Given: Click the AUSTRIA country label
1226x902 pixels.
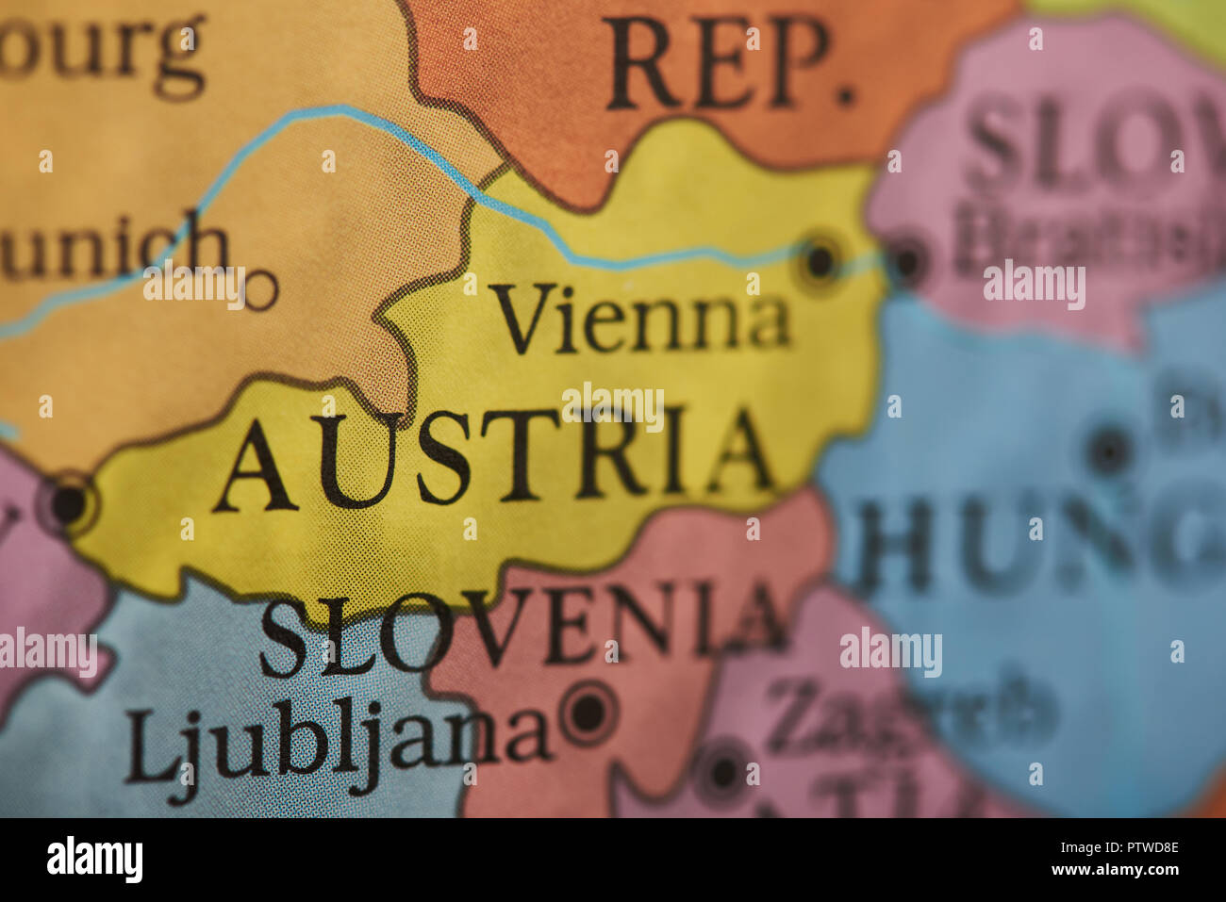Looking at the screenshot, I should tap(495, 458).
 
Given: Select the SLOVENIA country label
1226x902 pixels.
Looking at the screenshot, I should tap(523, 624).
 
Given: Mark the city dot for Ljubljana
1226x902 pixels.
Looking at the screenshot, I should tap(588, 712).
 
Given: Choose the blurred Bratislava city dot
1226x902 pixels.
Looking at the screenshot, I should tap(908, 262).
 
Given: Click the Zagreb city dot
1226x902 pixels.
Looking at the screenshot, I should tap(723, 772).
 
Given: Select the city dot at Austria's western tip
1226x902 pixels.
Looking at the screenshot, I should tap(68, 503).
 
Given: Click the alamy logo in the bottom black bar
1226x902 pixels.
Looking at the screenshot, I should tap(94, 860).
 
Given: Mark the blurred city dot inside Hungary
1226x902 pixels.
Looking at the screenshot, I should tap(1110, 451).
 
